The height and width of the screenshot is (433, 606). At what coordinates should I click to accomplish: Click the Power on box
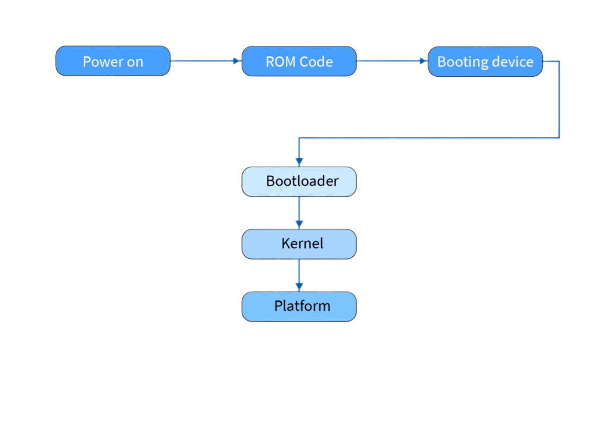click(x=113, y=61)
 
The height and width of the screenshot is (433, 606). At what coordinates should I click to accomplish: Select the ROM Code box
click(x=299, y=61)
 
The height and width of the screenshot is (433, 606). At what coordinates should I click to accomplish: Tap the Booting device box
click(x=485, y=61)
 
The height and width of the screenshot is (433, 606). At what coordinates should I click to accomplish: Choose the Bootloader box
click(x=299, y=181)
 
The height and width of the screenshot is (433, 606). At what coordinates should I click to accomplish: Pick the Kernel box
click(x=299, y=244)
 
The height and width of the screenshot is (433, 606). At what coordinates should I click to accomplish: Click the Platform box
click(x=299, y=306)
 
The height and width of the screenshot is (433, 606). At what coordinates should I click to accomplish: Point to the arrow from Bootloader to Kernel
click(x=299, y=212)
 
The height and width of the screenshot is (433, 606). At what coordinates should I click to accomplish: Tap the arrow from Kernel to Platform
click(x=299, y=275)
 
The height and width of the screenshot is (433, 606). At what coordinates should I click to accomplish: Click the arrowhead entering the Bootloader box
click(x=299, y=161)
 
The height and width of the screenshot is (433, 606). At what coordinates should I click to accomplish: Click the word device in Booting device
click(x=510, y=62)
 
